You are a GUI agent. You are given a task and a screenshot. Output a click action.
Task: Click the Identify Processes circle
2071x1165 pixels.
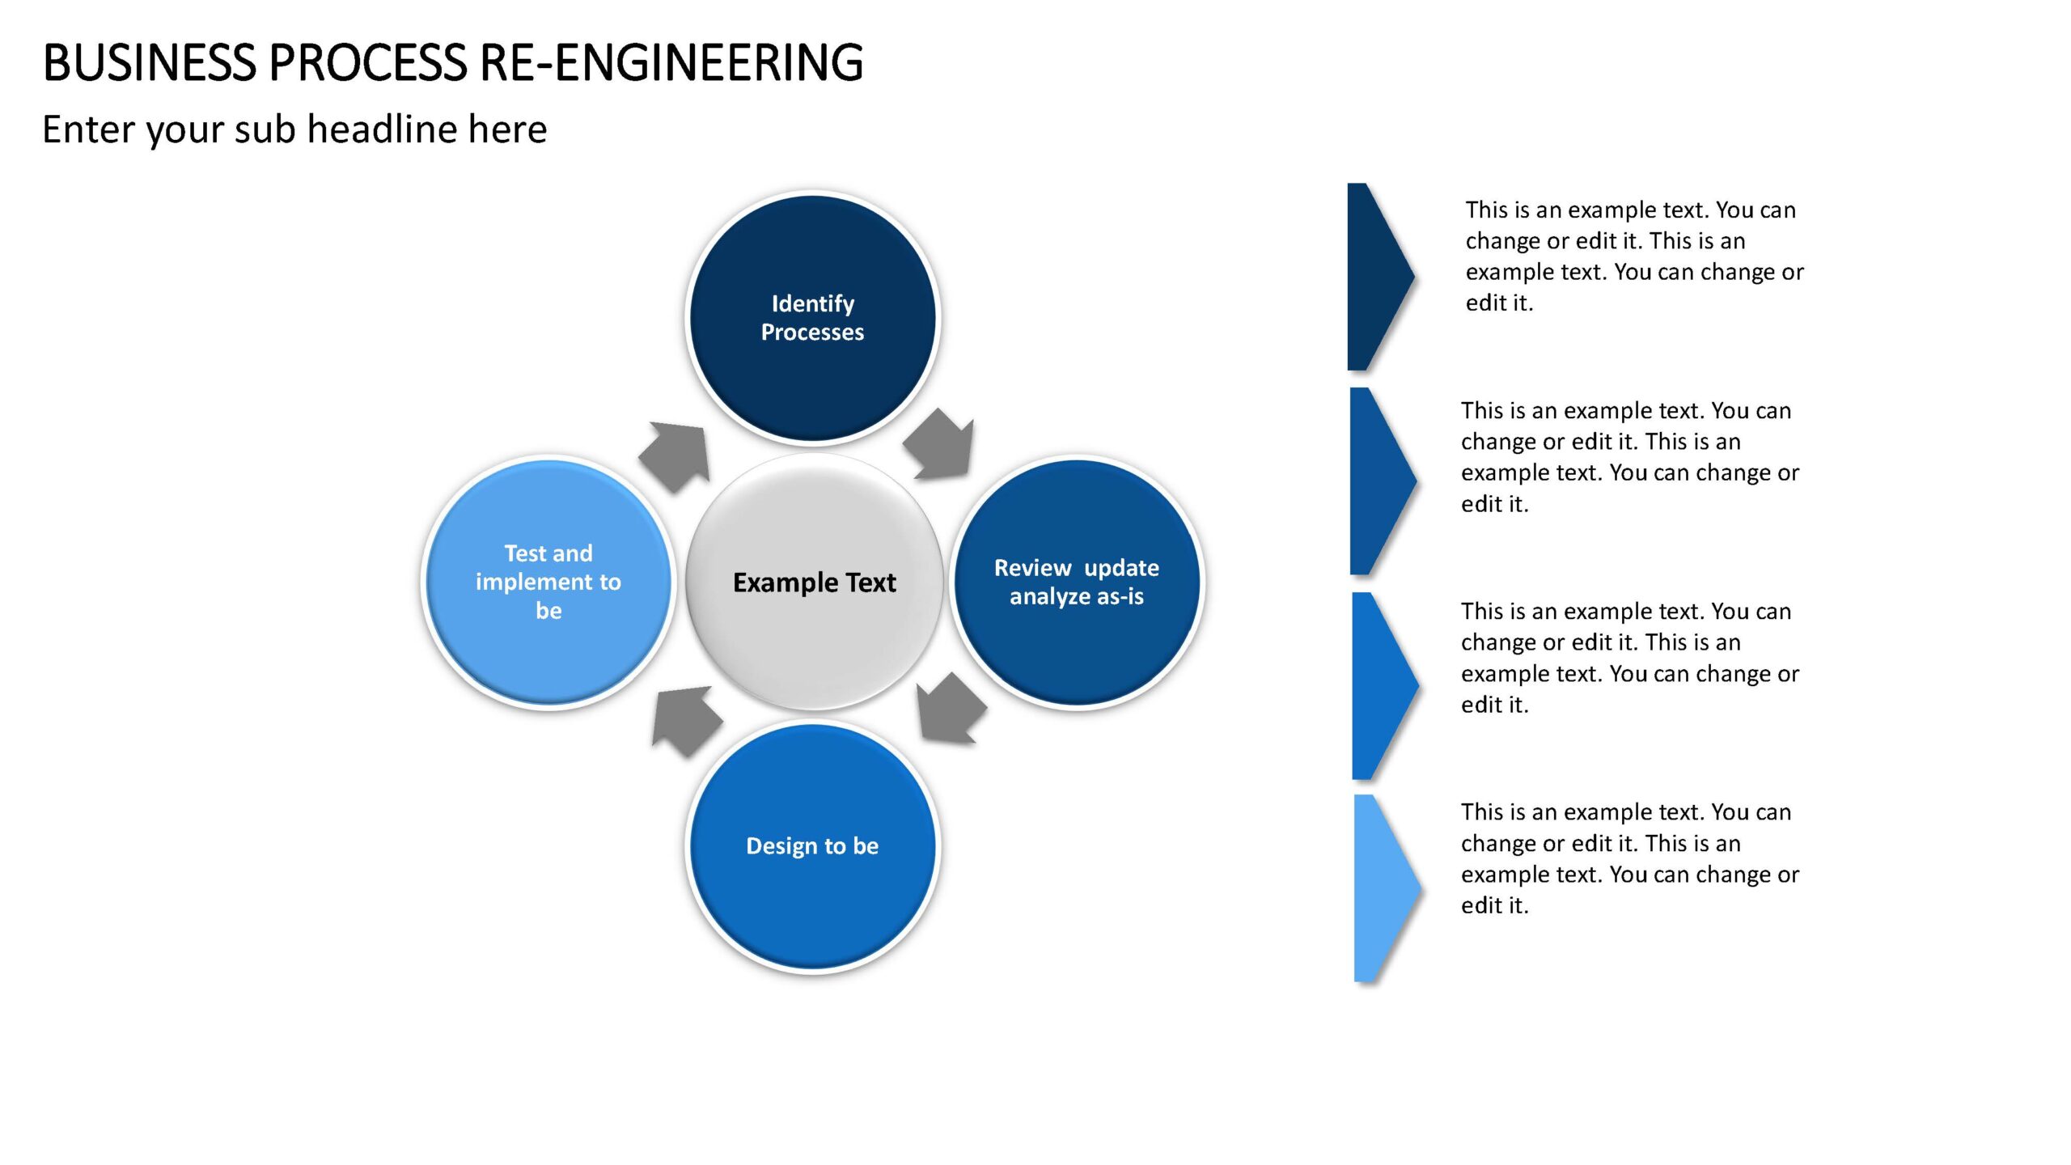813,318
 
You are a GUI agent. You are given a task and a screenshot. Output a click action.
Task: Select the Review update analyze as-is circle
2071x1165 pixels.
1077,582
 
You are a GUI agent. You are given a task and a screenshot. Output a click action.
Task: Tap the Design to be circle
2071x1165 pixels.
813,846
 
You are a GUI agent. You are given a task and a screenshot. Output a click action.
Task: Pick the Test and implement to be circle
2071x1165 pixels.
548,582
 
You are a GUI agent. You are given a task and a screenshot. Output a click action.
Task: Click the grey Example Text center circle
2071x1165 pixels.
814,582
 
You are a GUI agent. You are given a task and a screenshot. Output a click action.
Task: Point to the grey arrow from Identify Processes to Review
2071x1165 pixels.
940,445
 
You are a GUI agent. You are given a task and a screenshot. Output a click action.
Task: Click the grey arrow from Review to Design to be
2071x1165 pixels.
951,708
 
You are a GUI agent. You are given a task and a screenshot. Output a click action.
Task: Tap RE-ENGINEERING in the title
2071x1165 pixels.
671,62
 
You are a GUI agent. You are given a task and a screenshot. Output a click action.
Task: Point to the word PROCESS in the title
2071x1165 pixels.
368,62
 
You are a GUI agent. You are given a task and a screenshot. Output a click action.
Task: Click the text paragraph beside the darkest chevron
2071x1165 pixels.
1635,256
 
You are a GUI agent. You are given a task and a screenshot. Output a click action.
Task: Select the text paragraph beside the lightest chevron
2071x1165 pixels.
1630,858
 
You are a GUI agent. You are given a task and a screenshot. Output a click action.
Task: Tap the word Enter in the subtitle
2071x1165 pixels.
89,129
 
